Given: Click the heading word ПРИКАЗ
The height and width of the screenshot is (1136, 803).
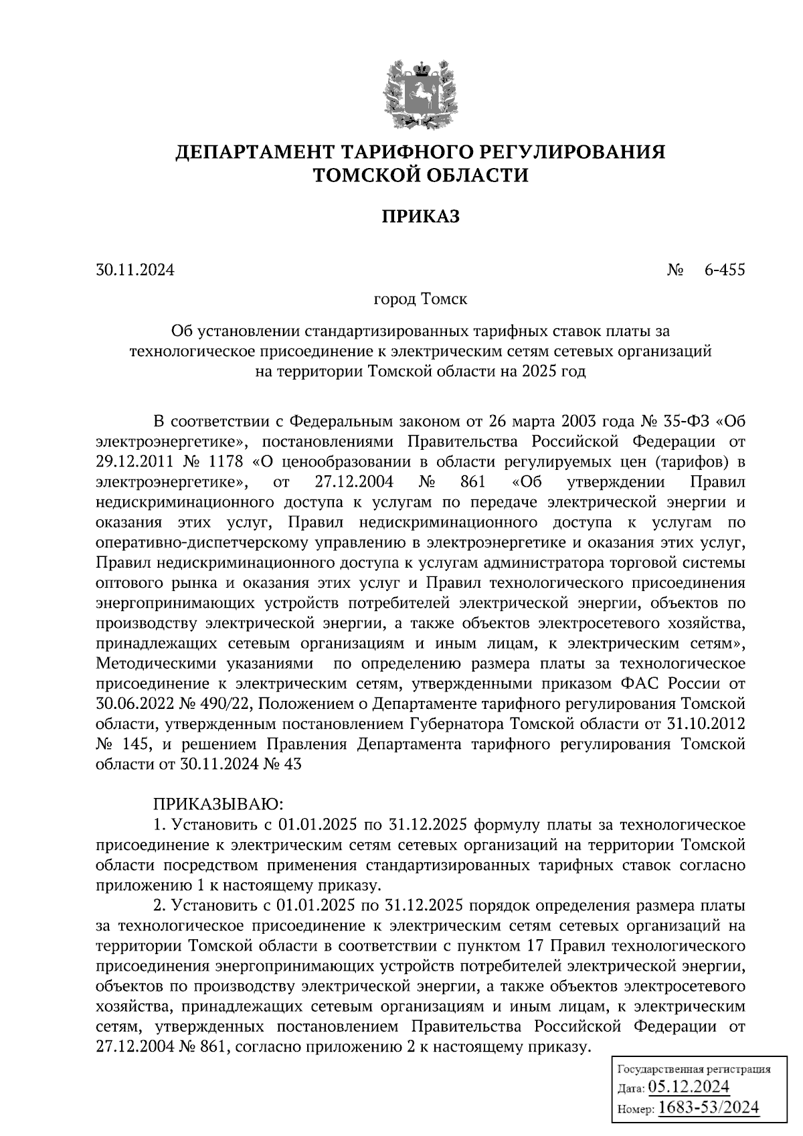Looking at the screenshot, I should [x=420, y=216].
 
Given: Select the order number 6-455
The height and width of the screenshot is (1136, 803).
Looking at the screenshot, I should [x=724, y=270].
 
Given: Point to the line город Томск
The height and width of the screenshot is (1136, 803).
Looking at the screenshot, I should [x=420, y=299].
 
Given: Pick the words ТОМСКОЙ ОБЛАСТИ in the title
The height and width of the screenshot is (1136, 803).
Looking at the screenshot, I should [x=420, y=175].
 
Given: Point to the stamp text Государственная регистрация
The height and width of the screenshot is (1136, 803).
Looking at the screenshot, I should [x=693, y=1069].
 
